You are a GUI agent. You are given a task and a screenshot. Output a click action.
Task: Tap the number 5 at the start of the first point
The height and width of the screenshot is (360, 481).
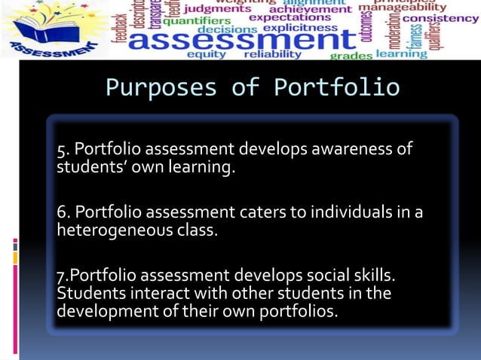tap(61, 149)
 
